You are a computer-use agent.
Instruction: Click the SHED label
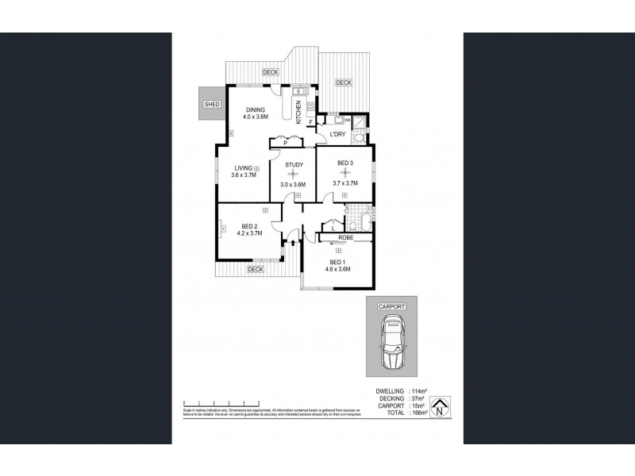[211, 104]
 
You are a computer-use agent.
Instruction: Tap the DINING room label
[255, 110]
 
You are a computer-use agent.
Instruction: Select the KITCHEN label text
[298, 113]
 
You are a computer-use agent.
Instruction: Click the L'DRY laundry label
[337, 136]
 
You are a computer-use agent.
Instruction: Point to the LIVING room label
[243, 168]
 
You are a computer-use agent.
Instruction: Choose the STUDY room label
[293, 165]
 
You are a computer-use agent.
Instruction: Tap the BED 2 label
[249, 227]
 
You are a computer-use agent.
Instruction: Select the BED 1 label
[337, 263]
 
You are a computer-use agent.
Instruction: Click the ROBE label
[345, 237]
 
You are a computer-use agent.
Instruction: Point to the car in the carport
[393, 344]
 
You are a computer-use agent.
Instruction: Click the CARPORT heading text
[392, 305]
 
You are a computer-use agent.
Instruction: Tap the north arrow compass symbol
[440, 409]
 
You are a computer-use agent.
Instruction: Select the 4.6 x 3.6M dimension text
[337, 270]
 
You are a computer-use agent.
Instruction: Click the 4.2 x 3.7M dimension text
[249, 234]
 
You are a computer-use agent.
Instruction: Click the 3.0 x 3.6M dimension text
[293, 185]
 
